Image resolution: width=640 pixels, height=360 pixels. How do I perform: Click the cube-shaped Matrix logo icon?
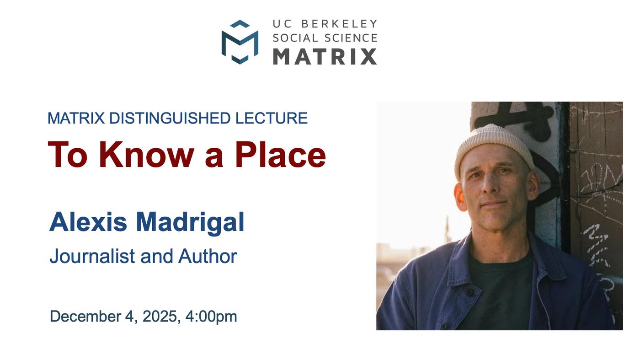point(240,42)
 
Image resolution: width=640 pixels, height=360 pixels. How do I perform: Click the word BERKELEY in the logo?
point(339,24)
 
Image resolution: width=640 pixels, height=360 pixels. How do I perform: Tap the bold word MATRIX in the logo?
point(325,56)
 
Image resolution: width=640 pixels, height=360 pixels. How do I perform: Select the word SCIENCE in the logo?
point(351,38)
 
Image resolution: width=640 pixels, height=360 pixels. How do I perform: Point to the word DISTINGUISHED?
point(170,118)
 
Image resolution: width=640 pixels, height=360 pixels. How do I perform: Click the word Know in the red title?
point(147,155)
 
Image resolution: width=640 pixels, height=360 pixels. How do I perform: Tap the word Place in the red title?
point(280,155)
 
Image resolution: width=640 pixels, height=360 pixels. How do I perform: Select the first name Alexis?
point(88,222)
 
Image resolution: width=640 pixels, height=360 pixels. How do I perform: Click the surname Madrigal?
point(190,224)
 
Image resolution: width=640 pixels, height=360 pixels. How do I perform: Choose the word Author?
point(208,256)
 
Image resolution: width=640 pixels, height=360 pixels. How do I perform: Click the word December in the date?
point(85,316)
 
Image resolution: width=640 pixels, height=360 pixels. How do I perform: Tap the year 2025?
point(161,317)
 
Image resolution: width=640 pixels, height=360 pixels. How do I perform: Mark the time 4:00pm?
point(211,317)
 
